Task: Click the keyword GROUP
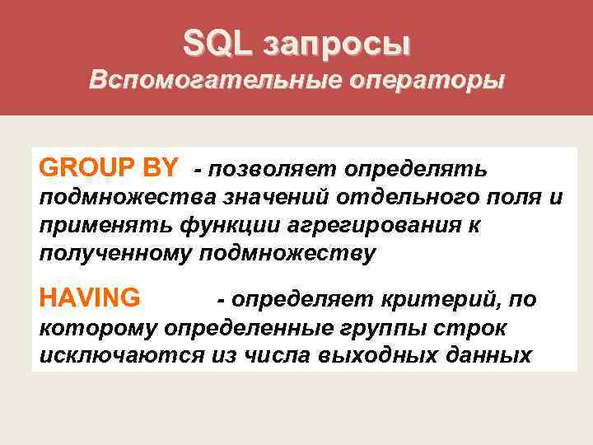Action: click(x=87, y=167)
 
